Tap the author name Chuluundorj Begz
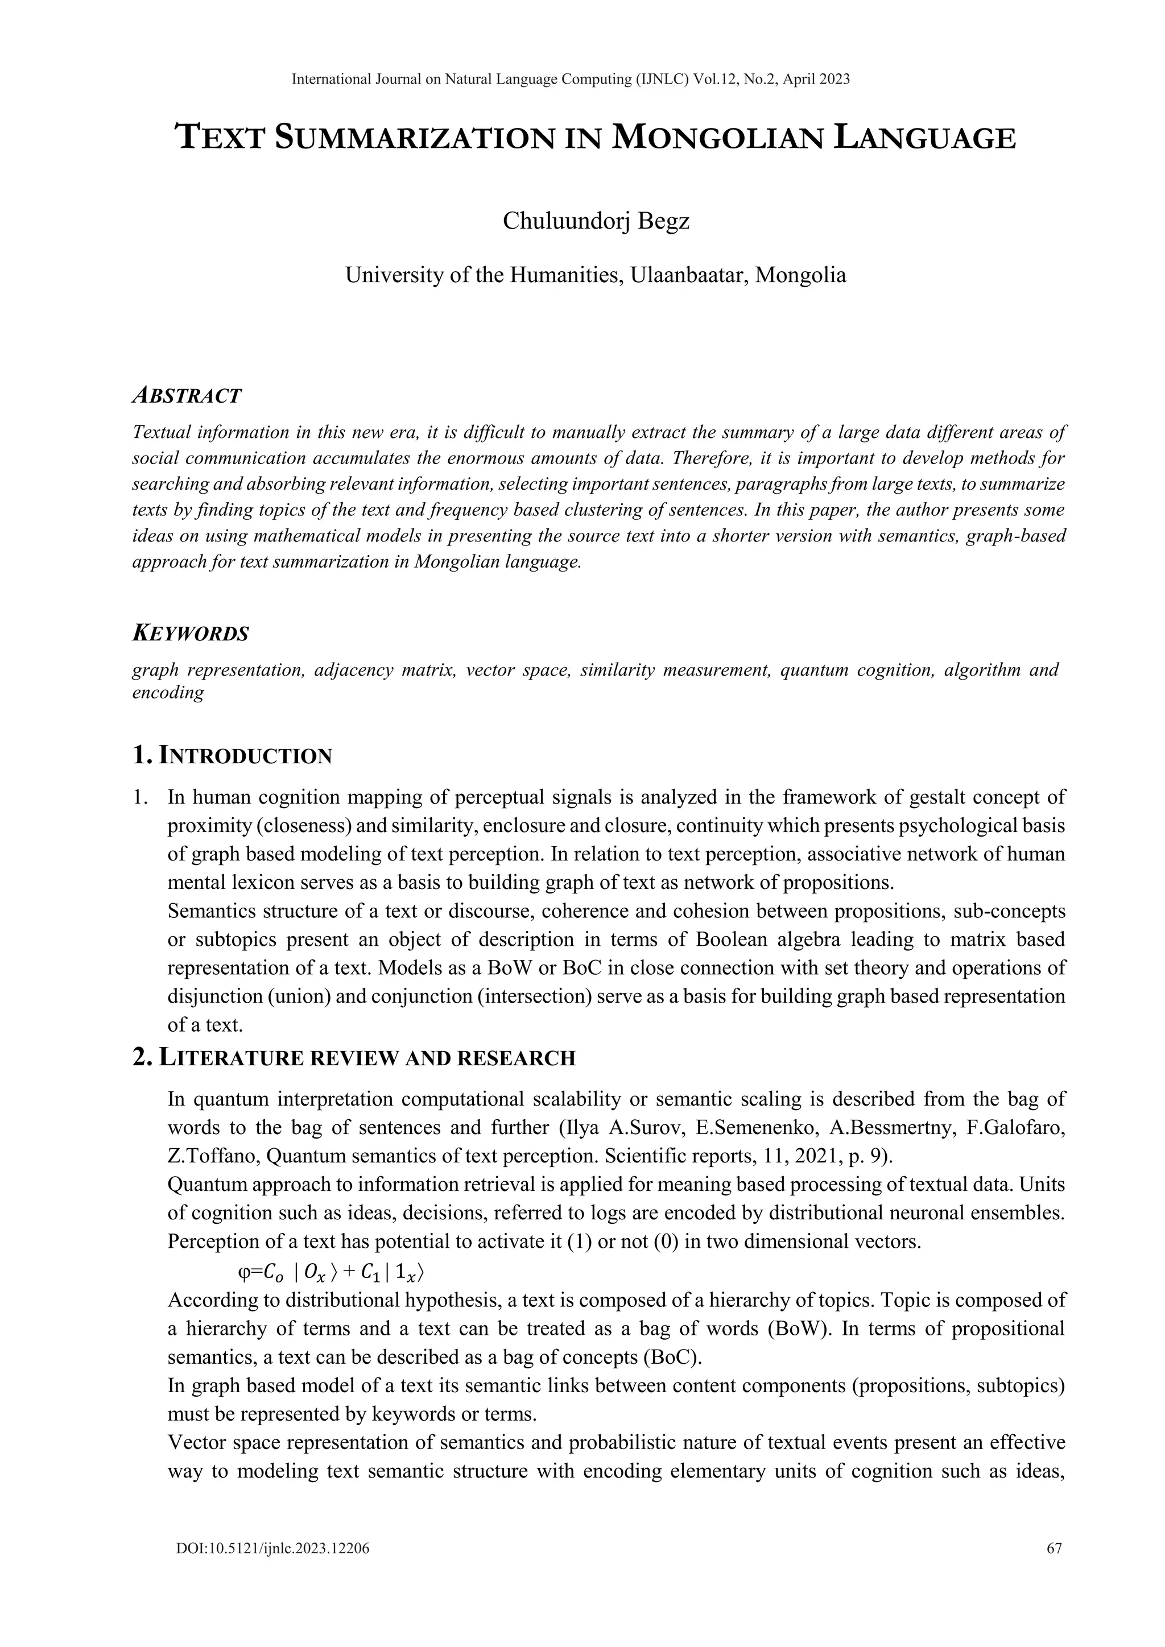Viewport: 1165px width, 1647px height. click(596, 221)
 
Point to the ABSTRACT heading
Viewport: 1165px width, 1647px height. click(187, 395)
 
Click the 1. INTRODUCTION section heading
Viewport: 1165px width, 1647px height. click(233, 755)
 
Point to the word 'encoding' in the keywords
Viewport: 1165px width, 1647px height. click(168, 693)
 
